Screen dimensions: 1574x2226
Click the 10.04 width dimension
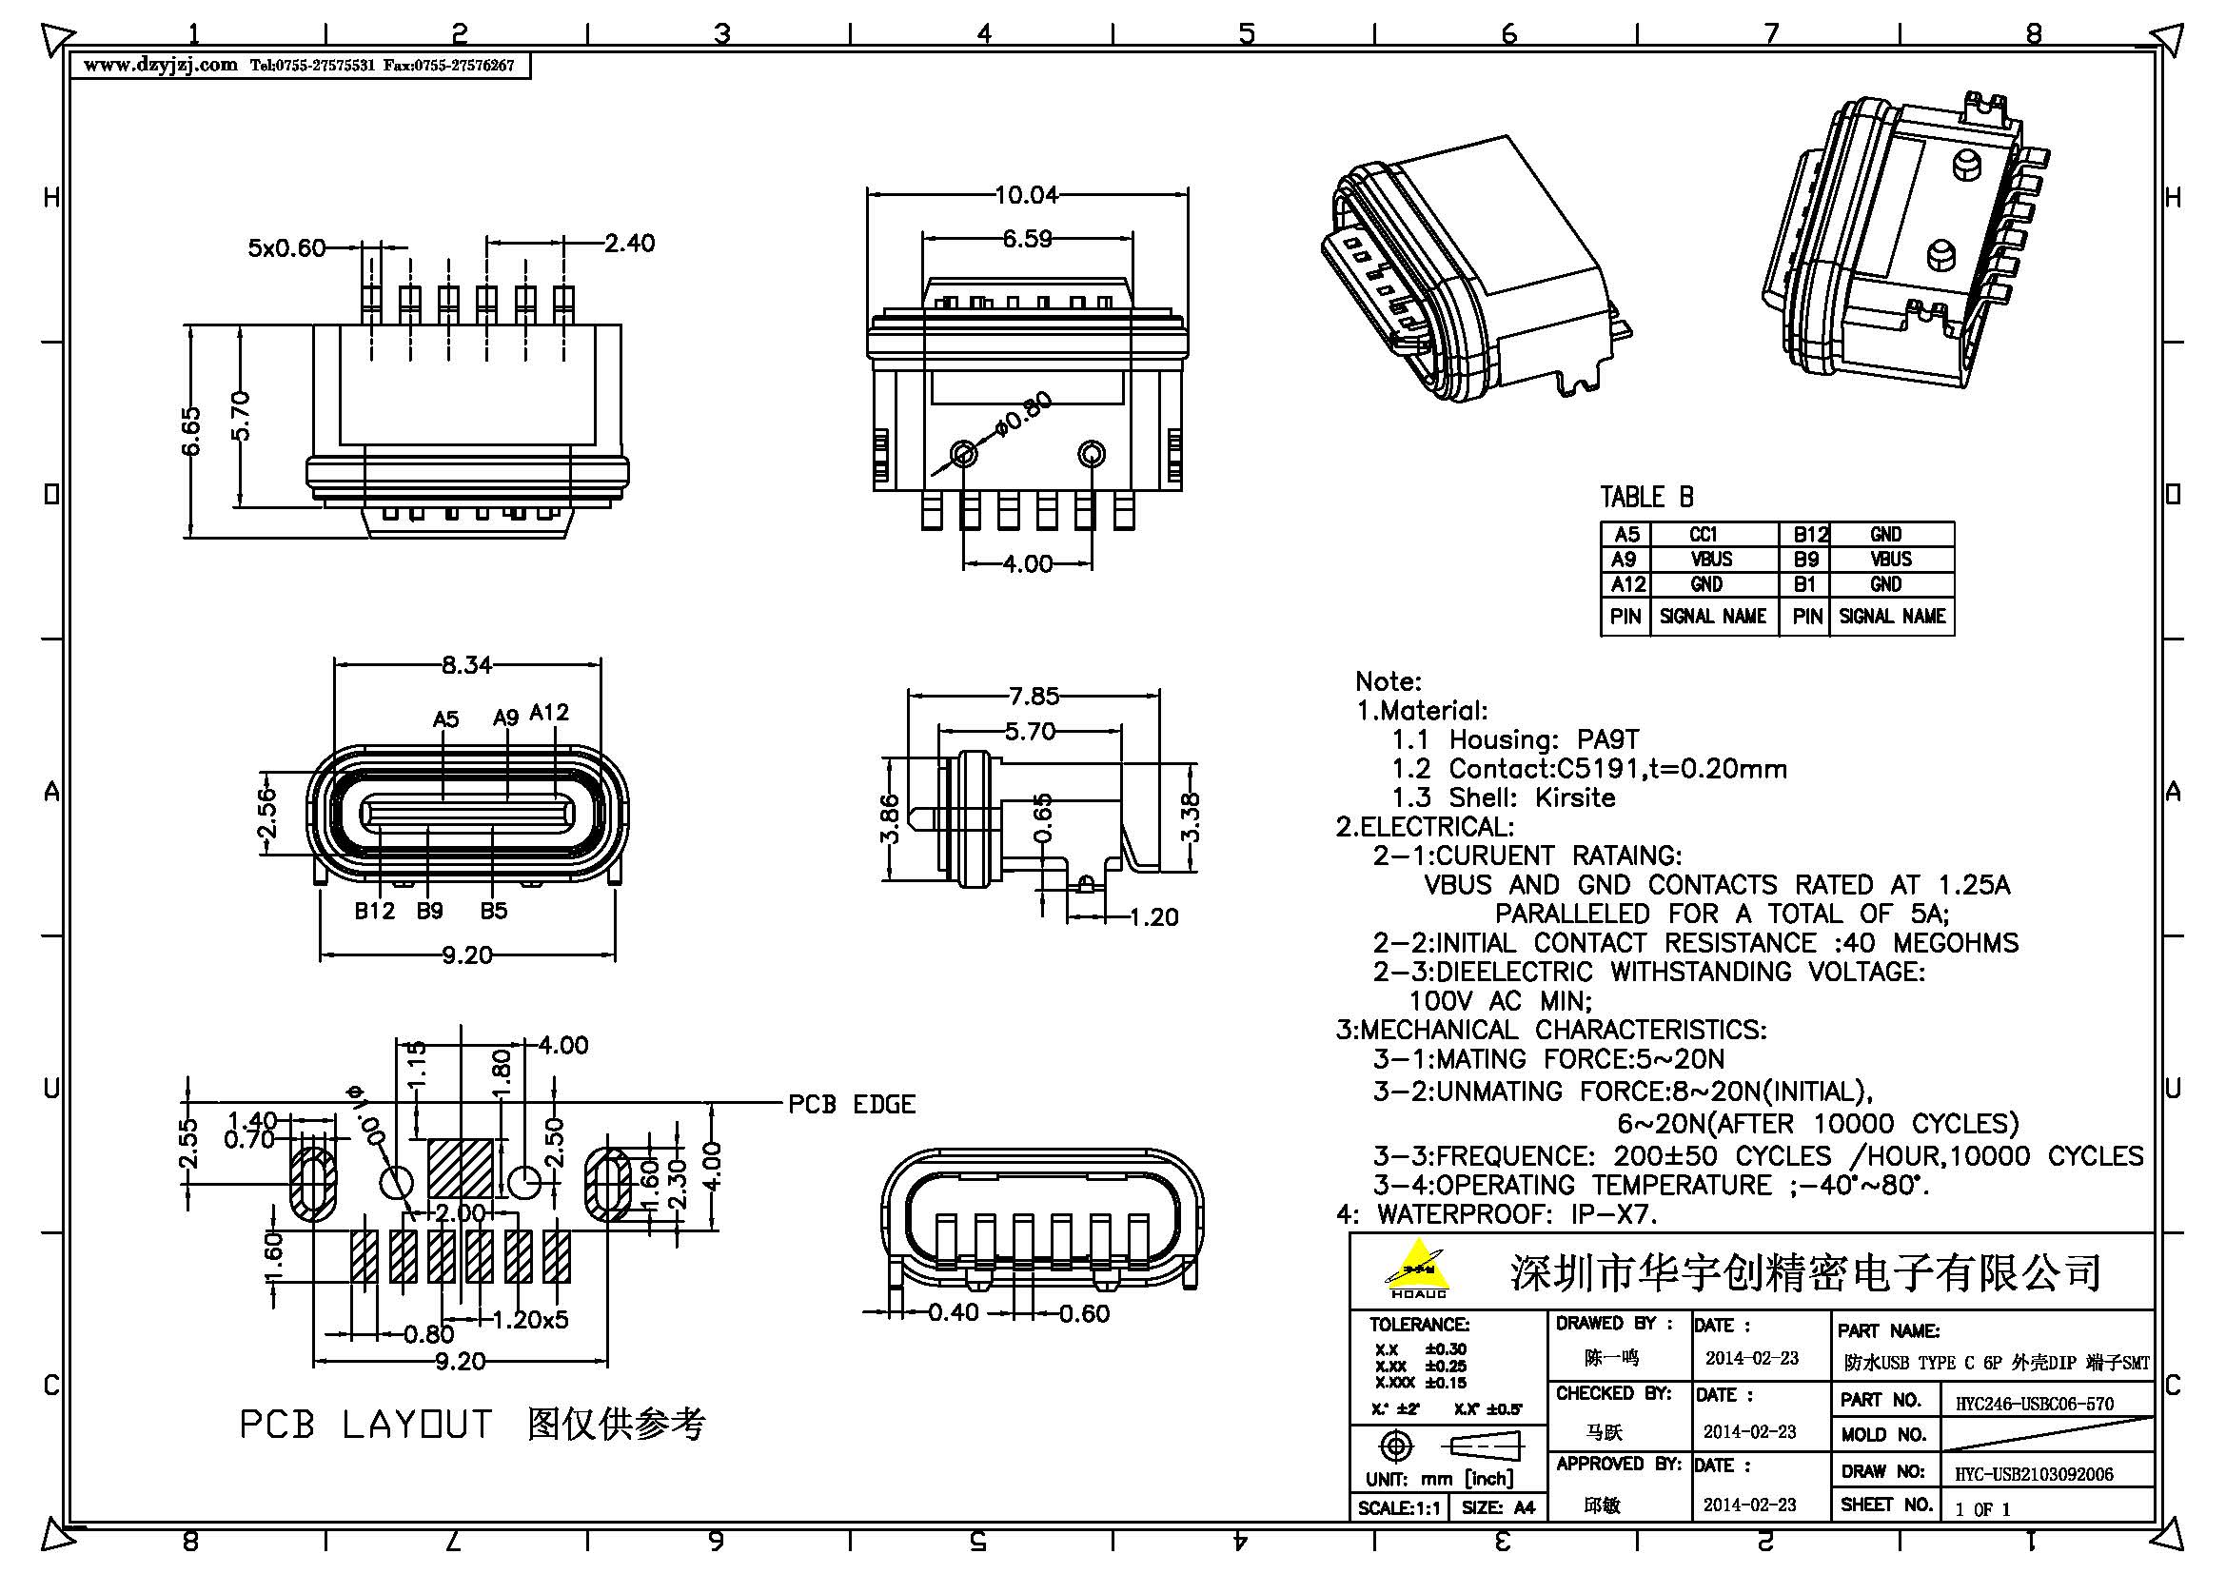click(1026, 195)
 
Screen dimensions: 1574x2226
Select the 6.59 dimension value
click(1027, 239)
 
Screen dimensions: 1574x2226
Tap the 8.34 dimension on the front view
click(466, 665)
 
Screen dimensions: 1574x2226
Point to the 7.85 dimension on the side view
click(1034, 696)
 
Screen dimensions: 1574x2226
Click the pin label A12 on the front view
click(550, 714)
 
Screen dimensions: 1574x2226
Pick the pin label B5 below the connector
click(494, 911)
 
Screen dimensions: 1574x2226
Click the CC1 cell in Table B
click(1704, 534)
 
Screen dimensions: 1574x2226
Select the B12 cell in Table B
click(1809, 534)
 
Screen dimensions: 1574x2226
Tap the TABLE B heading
click(1646, 497)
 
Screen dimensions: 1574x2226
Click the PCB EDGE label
click(851, 1104)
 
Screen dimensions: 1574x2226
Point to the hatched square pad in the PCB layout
click(461, 1168)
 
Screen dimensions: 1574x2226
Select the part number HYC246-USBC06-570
click(2034, 1404)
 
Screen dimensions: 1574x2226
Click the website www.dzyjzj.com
click(160, 65)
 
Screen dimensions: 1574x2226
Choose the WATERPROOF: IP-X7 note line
click(1498, 1213)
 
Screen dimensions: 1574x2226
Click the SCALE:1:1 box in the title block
click(1398, 1508)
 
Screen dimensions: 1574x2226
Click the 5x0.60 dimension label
click(286, 248)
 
